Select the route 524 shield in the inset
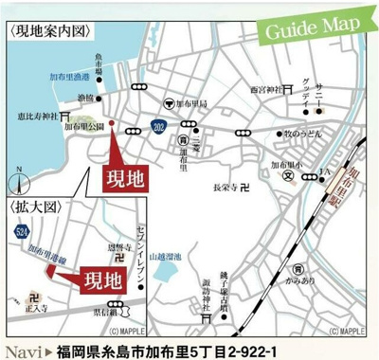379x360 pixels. point(21,230)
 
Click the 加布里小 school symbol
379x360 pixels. point(287,175)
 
